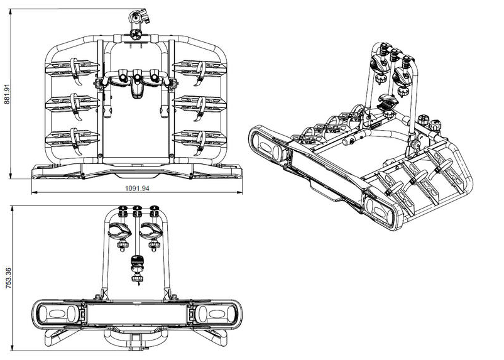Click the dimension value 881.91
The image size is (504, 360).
coord(7,94)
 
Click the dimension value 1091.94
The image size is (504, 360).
coord(137,188)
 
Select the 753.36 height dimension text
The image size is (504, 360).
coord(9,278)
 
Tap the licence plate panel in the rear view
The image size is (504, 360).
coord(137,314)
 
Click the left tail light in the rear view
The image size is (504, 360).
coord(58,314)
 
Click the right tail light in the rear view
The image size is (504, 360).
coord(216,314)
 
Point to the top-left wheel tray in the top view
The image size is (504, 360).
coord(72,68)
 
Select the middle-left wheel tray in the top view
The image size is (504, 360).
coord(72,104)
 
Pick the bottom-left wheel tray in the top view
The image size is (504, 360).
coord(72,138)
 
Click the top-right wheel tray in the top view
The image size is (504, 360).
coord(200,68)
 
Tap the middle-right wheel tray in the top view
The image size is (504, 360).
coord(200,104)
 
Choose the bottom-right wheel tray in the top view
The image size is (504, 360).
coord(200,138)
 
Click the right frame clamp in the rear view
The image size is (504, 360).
coord(151,231)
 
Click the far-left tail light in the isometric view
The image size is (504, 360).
coord(268,145)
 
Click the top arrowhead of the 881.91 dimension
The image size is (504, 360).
coord(11,12)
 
